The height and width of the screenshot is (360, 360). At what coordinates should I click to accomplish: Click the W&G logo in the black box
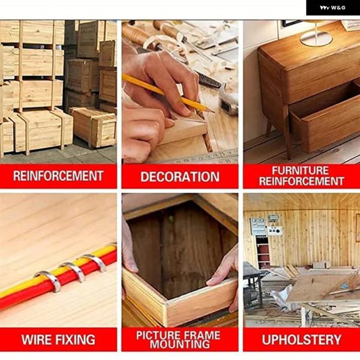click(332, 8)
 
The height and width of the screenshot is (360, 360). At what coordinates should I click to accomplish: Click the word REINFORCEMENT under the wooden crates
click(58, 176)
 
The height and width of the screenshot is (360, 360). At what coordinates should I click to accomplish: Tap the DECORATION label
click(180, 177)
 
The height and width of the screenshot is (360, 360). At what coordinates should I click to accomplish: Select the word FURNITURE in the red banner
click(301, 170)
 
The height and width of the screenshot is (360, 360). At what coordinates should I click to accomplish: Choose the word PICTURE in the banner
click(157, 335)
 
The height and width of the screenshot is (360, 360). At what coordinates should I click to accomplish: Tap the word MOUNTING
click(180, 344)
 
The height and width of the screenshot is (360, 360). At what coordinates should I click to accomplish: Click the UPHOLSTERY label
click(301, 340)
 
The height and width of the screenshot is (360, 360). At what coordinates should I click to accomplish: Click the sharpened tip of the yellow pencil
click(214, 112)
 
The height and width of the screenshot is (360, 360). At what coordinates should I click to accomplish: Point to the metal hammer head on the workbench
click(228, 103)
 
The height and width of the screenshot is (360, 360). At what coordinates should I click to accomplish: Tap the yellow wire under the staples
click(58, 272)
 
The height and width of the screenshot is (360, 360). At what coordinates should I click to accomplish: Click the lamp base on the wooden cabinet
click(316, 39)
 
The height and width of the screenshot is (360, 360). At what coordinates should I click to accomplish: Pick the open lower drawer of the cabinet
click(325, 119)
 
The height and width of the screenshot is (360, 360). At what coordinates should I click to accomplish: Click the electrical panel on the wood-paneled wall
click(258, 226)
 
